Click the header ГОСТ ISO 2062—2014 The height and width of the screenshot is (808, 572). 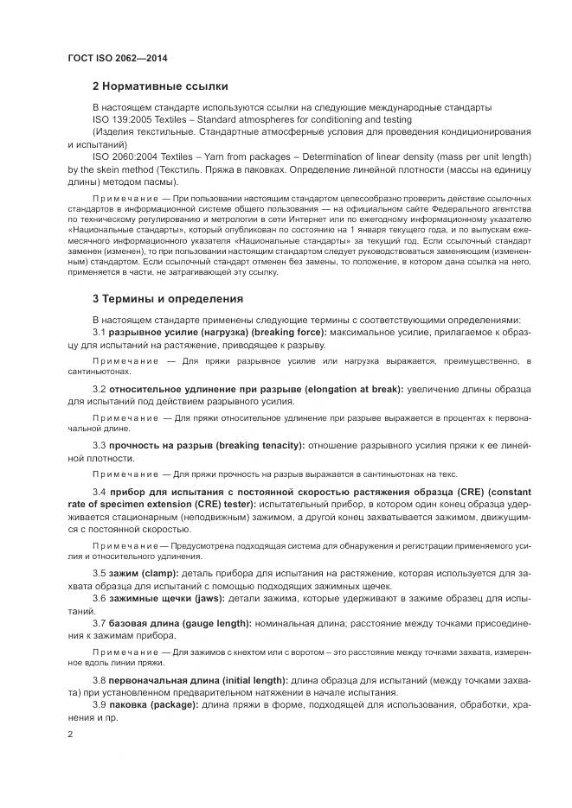pos(117,58)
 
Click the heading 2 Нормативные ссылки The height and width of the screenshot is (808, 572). pos(160,86)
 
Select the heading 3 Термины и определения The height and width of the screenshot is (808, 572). pos(168,299)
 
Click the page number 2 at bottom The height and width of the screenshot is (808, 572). pos(70,734)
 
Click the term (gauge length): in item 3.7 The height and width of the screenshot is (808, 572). pos(213,623)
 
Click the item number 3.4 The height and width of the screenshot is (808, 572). pos(99,492)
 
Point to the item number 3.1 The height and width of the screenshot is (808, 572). pos(99,333)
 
